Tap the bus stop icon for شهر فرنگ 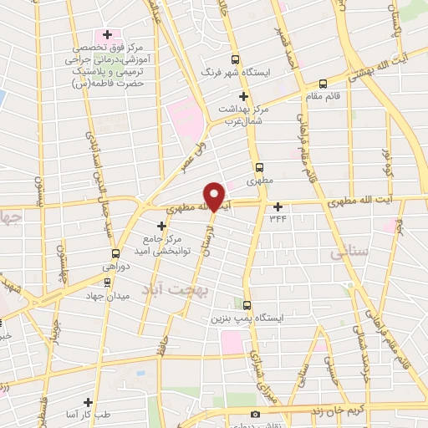tap(235, 59)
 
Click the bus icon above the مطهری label tap(259, 166)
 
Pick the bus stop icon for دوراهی tap(115, 252)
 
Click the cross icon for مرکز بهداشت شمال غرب tap(243, 97)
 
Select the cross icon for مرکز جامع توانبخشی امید tap(162, 225)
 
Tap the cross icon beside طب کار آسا tap(88, 402)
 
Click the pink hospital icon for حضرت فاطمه tap(105, 35)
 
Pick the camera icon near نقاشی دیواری tap(255, 414)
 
